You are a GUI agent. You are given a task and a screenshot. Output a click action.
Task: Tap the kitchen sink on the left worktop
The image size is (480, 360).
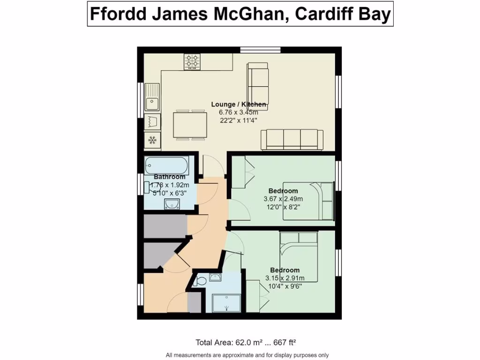[x=152, y=97]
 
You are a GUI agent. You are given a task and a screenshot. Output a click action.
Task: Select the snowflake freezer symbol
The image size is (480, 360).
[x=152, y=139]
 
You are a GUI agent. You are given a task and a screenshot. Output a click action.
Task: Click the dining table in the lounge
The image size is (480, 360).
[x=190, y=125]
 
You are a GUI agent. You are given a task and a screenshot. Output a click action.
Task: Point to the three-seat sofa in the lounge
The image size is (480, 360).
[x=292, y=140]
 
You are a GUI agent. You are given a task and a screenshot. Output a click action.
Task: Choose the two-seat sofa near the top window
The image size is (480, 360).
[x=258, y=82]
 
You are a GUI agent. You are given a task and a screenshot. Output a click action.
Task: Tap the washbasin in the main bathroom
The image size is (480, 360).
[x=172, y=203]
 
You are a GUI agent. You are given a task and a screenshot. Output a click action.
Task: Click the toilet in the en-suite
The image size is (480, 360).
[x=200, y=281]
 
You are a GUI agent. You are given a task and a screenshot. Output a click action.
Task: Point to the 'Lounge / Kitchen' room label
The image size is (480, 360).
[x=239, y=104]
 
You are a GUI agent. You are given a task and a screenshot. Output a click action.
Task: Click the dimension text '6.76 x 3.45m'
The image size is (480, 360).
[x=238, y=112]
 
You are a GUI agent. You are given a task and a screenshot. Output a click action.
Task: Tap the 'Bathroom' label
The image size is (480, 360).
[x=170, y=177]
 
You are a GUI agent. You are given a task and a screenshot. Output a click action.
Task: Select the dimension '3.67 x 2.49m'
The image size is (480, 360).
[x=283, y=199]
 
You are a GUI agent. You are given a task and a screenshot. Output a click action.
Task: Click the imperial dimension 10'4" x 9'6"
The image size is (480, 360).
[x=285, y=286]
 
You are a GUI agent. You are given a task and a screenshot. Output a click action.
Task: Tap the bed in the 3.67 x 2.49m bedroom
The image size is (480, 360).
[x=308, y=200]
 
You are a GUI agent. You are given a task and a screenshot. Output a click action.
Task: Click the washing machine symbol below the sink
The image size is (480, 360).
[x=152, y=121]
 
